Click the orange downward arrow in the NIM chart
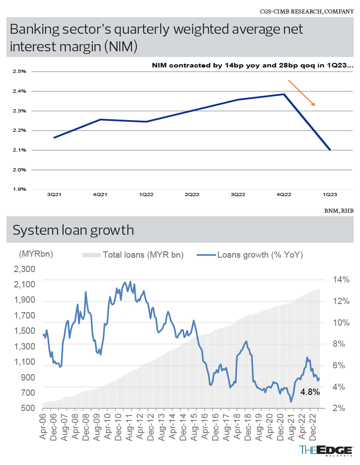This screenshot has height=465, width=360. pyautogui.click(x=301, y=93)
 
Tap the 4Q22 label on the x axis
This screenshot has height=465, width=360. pyautogui.click(x=284, y=194)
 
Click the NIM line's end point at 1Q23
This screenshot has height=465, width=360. pyautogui.click(x=330, y=150)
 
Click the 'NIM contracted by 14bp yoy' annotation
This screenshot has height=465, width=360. pyautogui.click(x=252, y=65)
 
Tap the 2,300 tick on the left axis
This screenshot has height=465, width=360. pyautogui.click(x=25, y=269)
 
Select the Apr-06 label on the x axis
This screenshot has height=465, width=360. pyautogui.click(x=43, y=425)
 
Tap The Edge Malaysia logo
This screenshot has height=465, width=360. pyautogui.click(x=326, y=451)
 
